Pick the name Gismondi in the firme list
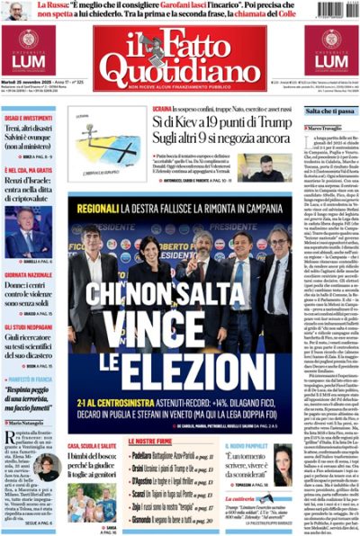(x=146, y=520)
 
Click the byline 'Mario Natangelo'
(x=31, y=421)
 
